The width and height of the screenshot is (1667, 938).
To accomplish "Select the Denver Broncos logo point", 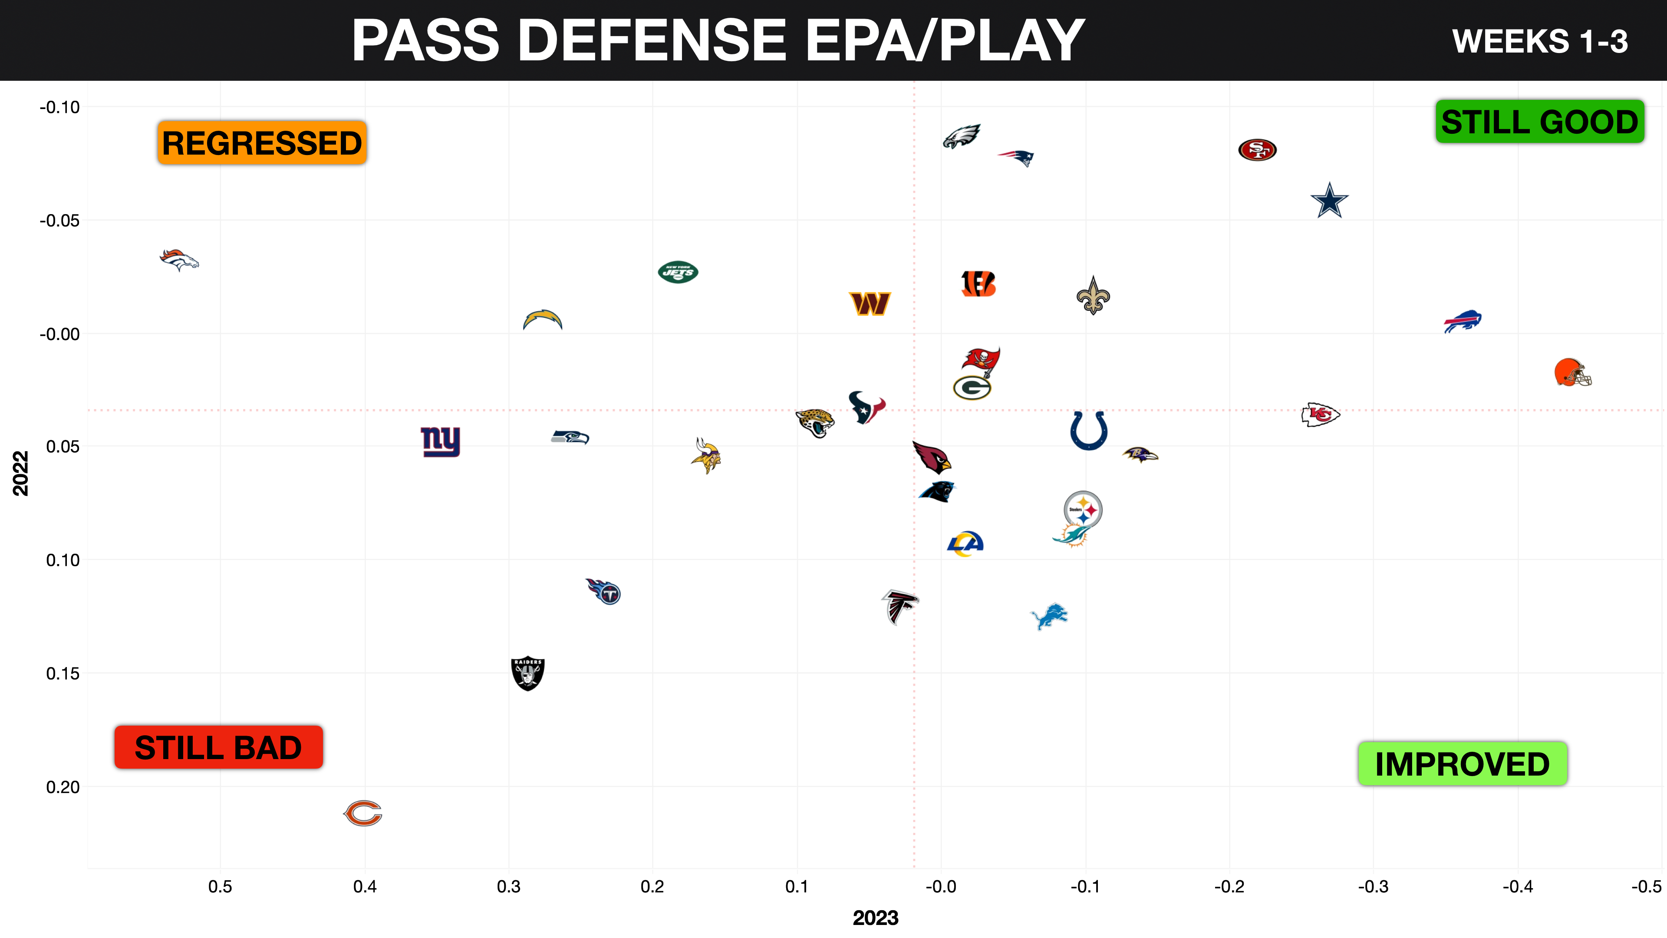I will (179, 260).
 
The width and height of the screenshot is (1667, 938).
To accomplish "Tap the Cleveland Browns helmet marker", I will (1572, 373).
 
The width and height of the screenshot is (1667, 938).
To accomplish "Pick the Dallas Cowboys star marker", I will (1329, 201).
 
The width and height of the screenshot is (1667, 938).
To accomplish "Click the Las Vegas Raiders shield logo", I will (527, 673).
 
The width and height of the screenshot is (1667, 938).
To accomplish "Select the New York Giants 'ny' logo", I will (441, 442).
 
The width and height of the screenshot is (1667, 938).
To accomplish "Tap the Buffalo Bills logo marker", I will (1463, 321).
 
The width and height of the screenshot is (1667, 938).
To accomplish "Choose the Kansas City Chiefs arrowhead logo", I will (1320, 414).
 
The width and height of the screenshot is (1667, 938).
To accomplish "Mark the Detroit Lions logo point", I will (1049, 616).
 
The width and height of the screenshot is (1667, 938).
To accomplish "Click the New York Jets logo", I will (678, 273).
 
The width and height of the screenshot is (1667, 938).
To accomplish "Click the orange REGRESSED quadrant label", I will (261, 142).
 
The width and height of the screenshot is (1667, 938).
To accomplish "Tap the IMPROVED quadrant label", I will (1462, 764).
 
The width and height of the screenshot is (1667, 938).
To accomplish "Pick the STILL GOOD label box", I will (1539, 122).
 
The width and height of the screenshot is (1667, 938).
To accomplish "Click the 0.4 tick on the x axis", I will (364, 886).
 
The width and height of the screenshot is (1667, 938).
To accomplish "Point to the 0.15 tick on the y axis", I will (63, 673).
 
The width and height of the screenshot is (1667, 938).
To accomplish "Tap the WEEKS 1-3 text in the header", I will (1539, 41).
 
